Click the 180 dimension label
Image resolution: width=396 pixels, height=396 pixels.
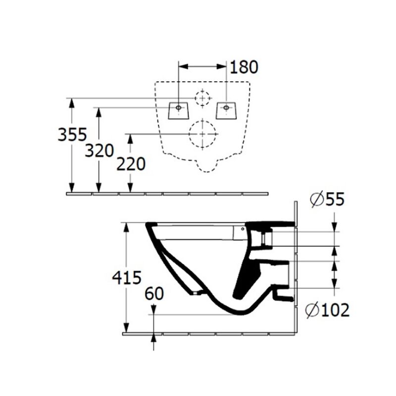[244, 67]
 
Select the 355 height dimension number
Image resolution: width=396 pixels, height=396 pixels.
[72, 134]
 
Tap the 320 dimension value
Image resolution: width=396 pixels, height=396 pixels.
[99, 150]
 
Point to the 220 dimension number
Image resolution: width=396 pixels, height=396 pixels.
[131, 163]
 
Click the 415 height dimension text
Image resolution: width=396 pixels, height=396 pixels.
[127, 278]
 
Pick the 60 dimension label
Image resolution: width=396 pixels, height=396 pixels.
[154, 294]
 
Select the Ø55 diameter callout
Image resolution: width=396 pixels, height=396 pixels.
[327, 199]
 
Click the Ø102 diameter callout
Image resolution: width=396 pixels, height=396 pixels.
[327, 310]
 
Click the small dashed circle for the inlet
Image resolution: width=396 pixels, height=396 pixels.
[202, 98]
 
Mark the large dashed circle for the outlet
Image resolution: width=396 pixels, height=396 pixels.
[203, 134]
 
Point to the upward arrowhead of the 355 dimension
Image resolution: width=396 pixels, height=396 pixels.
[72, 102]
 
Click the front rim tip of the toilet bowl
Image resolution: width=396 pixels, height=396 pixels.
[148, 226]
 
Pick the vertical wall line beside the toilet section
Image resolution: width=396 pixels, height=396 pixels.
[295, 267]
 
